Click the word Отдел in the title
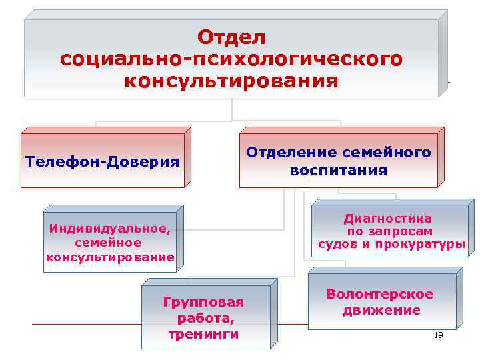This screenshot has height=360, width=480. click(231, 36)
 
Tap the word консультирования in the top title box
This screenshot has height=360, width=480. click(231, 81)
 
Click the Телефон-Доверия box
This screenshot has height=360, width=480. click(102, 162)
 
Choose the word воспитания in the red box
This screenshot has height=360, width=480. click(338, 171)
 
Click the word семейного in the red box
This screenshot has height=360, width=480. click(387, 152)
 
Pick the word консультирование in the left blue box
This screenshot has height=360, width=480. click(110, 257)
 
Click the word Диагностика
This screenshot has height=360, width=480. click(387, 218)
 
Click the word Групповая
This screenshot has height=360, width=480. click(203, 302)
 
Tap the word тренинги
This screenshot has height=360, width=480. click(204, 334)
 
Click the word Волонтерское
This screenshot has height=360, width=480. click(379, 294)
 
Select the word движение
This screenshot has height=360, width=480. click(381, 310)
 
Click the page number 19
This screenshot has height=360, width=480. click(438, 335)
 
